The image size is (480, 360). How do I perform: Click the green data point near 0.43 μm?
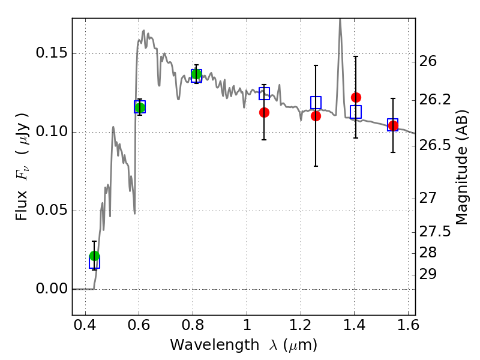tap(94, 256)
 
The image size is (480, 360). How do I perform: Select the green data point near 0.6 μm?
tap(140, 107)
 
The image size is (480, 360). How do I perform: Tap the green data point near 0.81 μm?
tap(196, 74)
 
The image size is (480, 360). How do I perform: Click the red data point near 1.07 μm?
tap(264, 112)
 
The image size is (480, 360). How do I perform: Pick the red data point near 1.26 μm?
tap(316, 116)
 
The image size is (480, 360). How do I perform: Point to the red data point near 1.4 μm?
tap(356, 97)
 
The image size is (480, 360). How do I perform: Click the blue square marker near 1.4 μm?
tap(356, 112)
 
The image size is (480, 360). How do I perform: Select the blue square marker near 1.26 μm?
tap(316, 103)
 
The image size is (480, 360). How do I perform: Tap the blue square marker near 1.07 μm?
tap(264, 94)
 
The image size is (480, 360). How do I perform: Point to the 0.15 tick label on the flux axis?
tap(51, 53)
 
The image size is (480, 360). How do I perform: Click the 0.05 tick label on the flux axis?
tap(51, 211)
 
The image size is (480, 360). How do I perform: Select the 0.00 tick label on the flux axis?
tap(51, 289)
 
